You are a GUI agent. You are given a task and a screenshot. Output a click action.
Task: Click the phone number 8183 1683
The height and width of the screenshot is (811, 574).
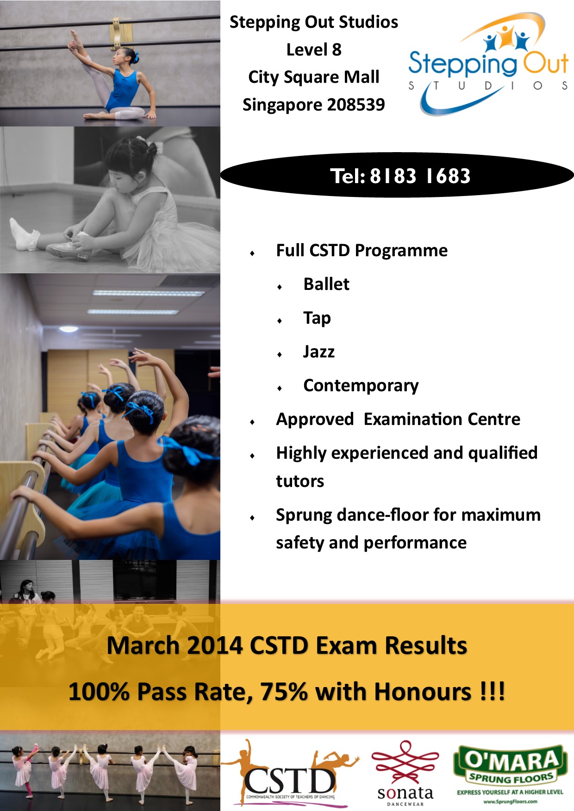point(420,176)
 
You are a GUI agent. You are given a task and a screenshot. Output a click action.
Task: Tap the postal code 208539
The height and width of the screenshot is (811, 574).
point(356,104)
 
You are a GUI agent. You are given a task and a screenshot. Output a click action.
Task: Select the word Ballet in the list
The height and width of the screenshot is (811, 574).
point(326,284)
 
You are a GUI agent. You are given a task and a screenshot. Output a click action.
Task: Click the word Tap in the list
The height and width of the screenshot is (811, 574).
point(317,318)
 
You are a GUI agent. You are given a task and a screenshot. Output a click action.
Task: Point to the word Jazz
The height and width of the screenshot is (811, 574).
point(318,351)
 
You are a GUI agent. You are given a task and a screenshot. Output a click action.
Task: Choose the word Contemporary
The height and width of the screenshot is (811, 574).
point(361,386)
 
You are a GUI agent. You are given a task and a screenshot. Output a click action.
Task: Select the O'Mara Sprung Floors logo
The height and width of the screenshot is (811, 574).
point(510,774)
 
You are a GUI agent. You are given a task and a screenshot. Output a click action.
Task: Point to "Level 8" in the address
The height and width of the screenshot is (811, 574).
point(314,49)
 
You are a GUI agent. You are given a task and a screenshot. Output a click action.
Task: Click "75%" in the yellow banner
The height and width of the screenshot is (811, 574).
point(284,692)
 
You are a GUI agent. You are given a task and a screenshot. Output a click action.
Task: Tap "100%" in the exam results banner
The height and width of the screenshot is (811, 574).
point(99,692)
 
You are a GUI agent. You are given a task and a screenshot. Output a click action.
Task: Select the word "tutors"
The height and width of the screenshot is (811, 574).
point(300,481)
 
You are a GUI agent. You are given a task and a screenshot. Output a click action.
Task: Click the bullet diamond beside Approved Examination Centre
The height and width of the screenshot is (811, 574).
point(252,422)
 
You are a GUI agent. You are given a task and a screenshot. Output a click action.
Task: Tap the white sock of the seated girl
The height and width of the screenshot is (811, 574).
point(23,234)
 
